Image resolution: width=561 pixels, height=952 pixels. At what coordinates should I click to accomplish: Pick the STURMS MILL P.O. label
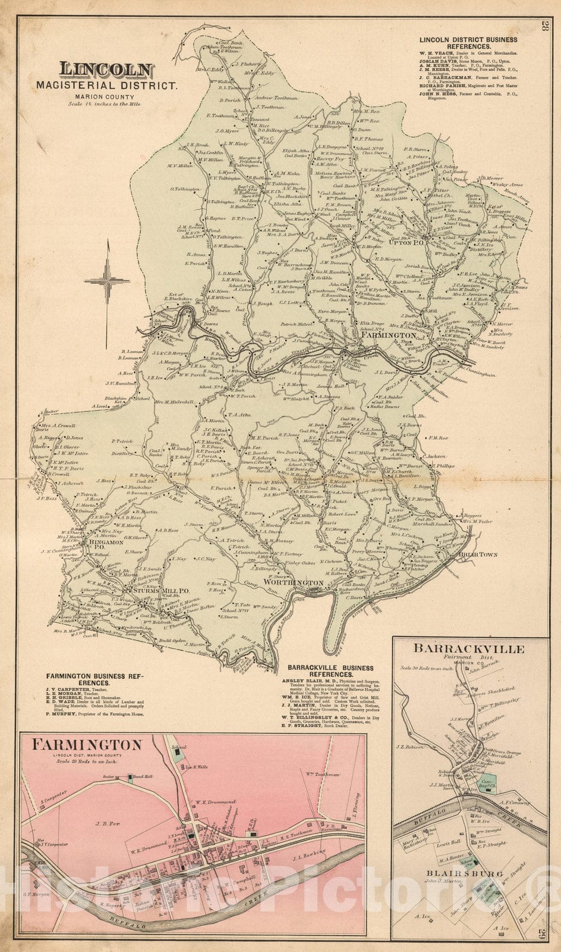159,591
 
